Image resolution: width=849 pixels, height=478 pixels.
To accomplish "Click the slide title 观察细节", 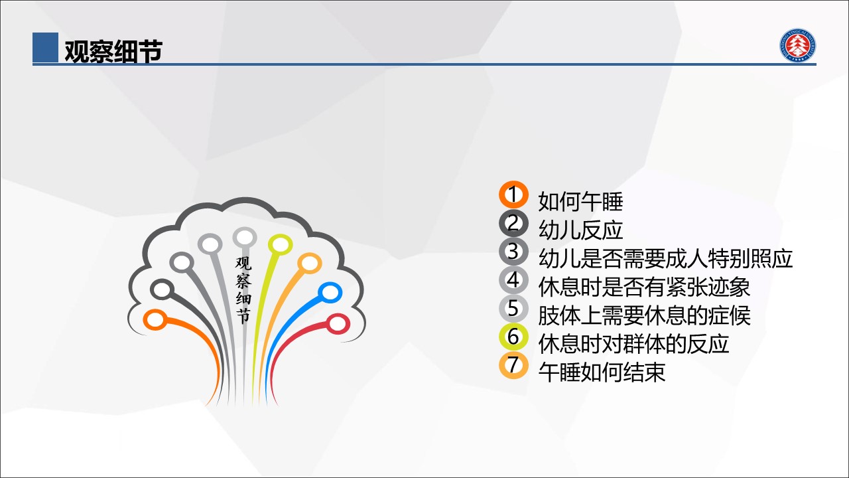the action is click(113, 51).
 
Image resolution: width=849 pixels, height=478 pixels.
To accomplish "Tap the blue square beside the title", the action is click(46, 47).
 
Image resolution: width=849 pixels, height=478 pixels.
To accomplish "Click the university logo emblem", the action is click(797, 45).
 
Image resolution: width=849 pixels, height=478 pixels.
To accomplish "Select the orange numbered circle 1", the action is click(513, 195).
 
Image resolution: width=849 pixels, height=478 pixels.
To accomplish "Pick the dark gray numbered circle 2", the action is click(513, 223).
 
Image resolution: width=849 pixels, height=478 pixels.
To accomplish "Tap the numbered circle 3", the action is click(513, 252).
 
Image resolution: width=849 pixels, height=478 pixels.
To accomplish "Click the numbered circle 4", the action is click(513, 280).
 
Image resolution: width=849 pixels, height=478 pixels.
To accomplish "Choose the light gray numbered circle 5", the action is click(513, 309).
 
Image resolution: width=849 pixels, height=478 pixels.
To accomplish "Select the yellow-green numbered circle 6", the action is click(513, 337).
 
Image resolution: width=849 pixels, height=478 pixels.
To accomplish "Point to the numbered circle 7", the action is click(513, 365).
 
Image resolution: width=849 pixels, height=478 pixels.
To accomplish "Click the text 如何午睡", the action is click(580, 201).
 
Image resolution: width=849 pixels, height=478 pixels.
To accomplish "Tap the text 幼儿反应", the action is click(580, 230).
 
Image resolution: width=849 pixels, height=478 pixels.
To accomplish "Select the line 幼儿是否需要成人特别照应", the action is click(665, 258).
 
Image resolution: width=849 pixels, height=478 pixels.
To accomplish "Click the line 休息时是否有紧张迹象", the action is click(644, 287).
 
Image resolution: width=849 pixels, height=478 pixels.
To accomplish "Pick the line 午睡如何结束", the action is click(602, 372).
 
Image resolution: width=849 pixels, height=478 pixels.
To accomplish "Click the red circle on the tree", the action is click(338, 324).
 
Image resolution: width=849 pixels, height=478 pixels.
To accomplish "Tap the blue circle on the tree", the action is click(330, 293).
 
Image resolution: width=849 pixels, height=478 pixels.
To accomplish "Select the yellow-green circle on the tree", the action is click(280, 245).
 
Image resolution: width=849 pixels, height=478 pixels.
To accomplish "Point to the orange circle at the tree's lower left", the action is click(155, 320).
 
